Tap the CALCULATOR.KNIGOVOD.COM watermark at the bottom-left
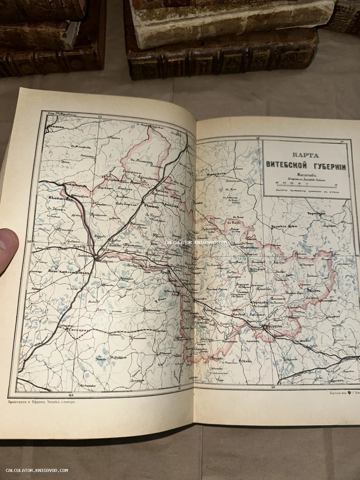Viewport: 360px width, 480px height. pos(37,470)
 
